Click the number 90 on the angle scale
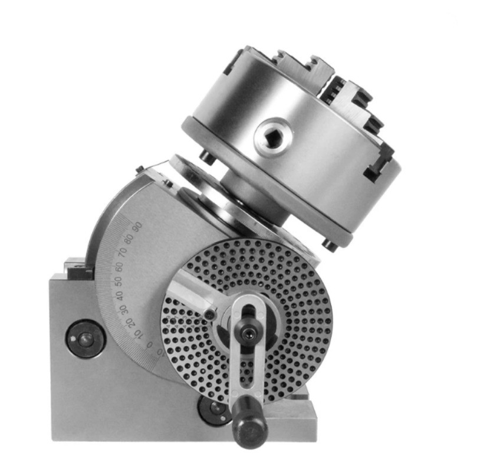(136, 225)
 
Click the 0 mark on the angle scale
(150, 345)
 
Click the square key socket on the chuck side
(273, 136)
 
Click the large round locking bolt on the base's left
(86, 339)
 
